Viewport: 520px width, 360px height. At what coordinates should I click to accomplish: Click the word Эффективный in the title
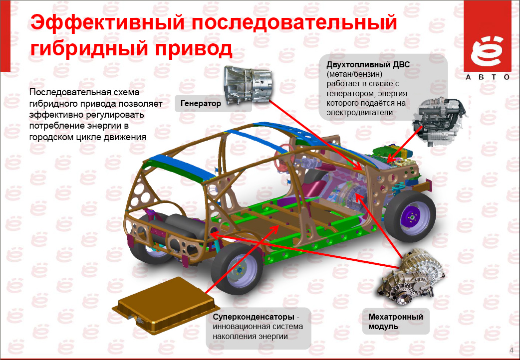coord(107,24)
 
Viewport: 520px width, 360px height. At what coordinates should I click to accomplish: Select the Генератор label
coord(201,103)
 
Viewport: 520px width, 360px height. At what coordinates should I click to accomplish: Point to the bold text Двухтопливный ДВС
coord(368,64)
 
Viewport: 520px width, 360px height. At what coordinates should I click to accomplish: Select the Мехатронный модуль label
coord(396,321)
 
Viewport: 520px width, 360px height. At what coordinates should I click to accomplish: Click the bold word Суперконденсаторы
coord(254,317)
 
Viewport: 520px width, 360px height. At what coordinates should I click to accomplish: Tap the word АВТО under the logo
coord(488,77)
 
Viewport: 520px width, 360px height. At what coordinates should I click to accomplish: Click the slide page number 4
coord(512,351)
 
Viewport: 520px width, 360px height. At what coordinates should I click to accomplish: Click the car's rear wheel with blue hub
coord(237,269)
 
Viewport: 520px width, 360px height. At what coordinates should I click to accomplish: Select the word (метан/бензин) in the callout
coord(354,74)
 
